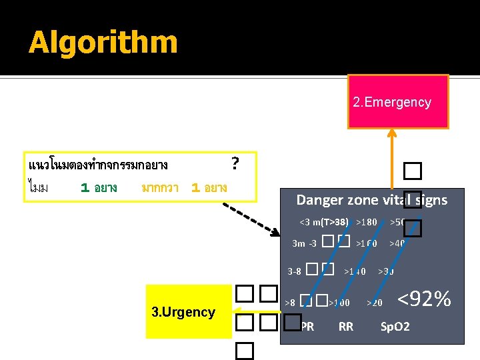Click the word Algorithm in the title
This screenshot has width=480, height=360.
103,43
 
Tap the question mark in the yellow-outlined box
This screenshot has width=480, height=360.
235,163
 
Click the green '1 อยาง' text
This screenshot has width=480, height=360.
99,188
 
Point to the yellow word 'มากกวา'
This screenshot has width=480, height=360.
159,188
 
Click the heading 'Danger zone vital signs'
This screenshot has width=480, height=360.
371,199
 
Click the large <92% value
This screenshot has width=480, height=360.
424,299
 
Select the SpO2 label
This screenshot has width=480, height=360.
395,327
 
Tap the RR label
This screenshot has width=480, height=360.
346,327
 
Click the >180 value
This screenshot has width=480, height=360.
366,222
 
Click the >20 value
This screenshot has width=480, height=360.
375,303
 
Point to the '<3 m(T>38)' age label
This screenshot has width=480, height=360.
323,222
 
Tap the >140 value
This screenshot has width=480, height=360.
355,271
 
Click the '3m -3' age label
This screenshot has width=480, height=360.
305,244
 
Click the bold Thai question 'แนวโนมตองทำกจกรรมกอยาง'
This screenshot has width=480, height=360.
98,164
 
